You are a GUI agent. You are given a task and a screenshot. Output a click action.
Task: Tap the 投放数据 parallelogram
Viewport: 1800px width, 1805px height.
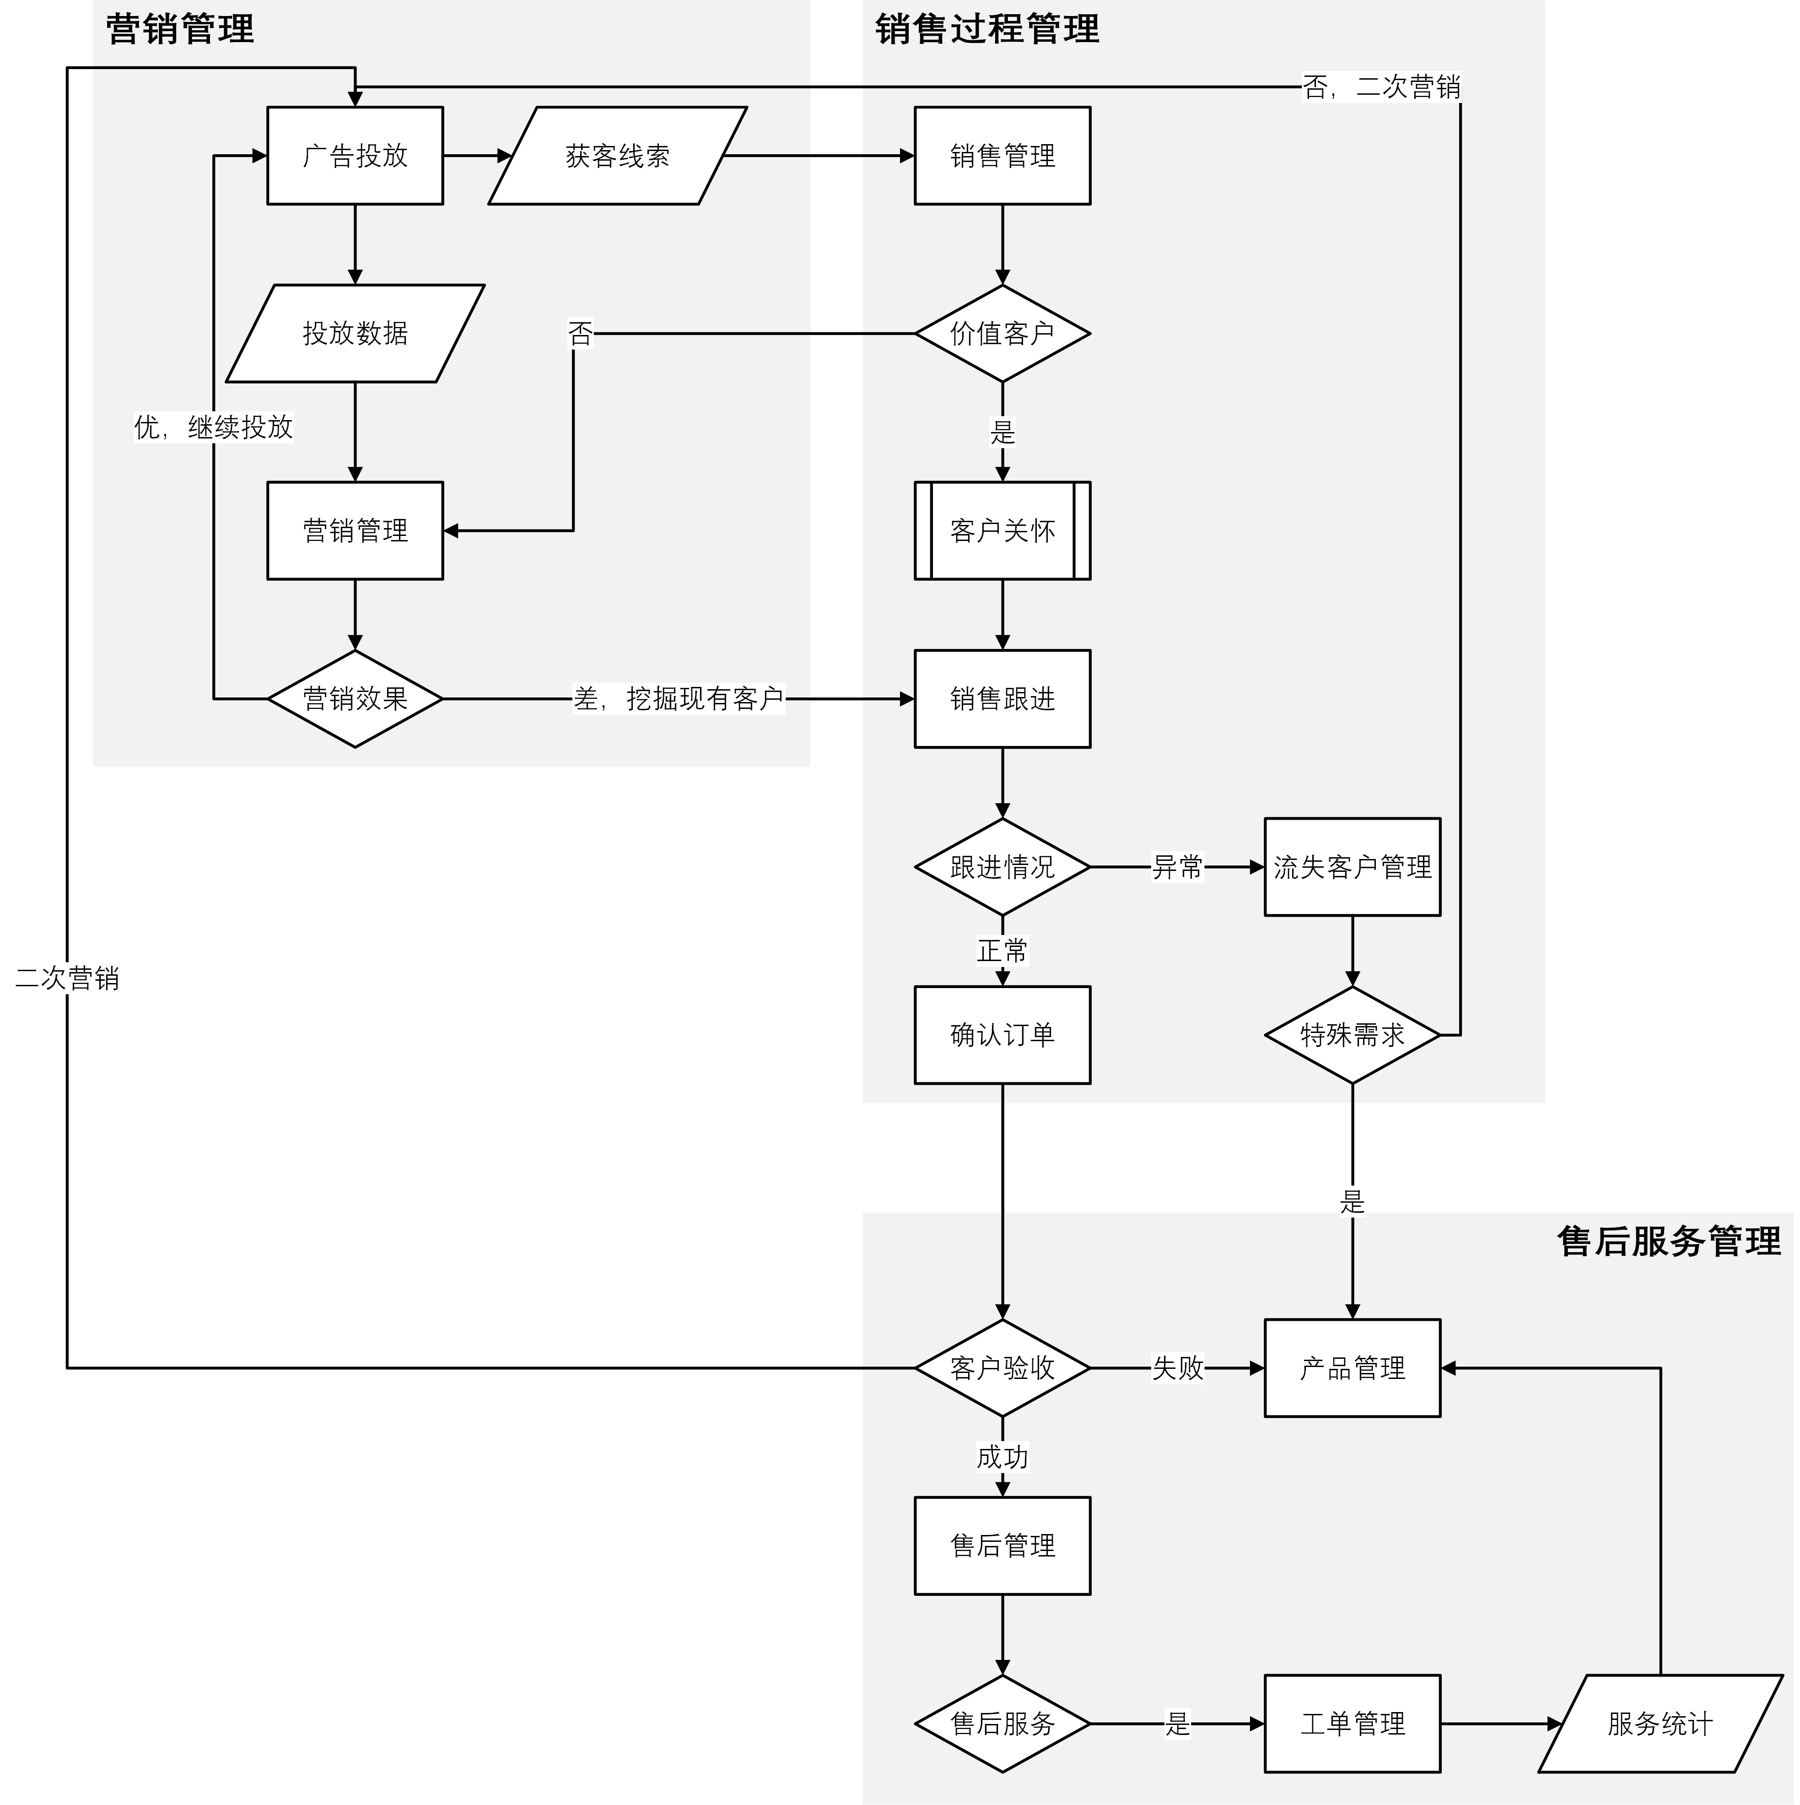(x=355, y=334)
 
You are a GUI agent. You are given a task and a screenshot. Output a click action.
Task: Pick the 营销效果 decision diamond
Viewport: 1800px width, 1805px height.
(x=355, y=699)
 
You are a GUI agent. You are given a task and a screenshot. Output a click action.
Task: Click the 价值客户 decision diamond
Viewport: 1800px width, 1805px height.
(x=1002, y=334)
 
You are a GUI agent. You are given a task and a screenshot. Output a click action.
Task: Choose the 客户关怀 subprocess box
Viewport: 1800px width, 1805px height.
(x=1002, y=531)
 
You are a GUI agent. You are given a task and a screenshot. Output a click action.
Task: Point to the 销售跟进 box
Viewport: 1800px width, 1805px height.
(x=1002, y=699)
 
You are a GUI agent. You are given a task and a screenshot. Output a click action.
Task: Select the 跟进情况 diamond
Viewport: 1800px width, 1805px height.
(x=1002, y=867)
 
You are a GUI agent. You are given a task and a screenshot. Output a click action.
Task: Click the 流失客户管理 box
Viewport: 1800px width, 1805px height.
(x=1352, y=867)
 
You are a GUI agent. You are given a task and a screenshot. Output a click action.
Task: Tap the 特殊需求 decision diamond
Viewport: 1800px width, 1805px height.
(x=1352, y=1035)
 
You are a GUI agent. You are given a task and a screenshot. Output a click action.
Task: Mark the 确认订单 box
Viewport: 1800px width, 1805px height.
(x=1002, y=1035)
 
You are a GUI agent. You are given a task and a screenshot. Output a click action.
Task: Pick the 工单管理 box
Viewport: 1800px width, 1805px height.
(x=1352, y=1724)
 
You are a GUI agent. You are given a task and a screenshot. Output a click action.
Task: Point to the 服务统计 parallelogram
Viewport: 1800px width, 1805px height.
(x=1660, y=1724)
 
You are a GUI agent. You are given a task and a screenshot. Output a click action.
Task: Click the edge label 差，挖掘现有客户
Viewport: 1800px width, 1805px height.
(x=678, y=699)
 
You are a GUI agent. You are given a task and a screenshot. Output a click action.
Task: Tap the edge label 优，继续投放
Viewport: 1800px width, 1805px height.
(x=214, y=427)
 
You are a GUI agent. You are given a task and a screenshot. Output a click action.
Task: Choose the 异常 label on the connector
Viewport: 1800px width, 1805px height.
(x=1177, y=867)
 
